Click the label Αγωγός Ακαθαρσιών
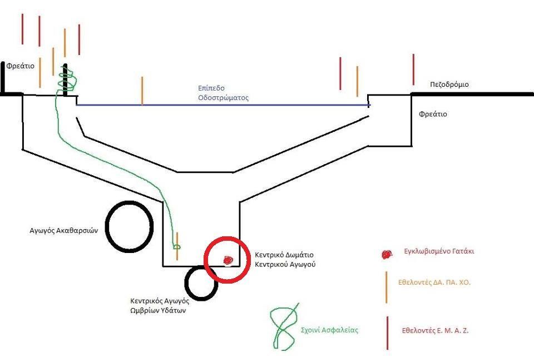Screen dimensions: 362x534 click(63, 230)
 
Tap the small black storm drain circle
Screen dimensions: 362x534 click(201, 283)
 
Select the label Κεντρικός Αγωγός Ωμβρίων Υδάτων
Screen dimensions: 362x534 click(160, 305)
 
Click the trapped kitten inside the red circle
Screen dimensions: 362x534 click(228, 260)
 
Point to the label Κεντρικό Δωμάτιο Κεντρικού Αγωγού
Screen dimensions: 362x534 click(285, 260)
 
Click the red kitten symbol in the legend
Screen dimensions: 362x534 click(386, 254)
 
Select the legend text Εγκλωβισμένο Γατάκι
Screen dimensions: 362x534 click(438, 251)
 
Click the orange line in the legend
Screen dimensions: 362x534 click(386, 287)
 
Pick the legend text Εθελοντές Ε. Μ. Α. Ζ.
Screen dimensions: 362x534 click(436, 330)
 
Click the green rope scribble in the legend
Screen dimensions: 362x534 click(284, 327)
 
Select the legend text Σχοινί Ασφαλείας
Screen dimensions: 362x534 click(329, 330)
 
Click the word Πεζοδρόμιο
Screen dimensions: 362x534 click(449, 85)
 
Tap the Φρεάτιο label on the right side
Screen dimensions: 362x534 click(433, 114)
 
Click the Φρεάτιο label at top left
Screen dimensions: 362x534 click(21, 66)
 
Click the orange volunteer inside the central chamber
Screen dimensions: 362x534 click(177, 246)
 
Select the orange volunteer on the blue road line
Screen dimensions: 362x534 click(142, 91)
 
